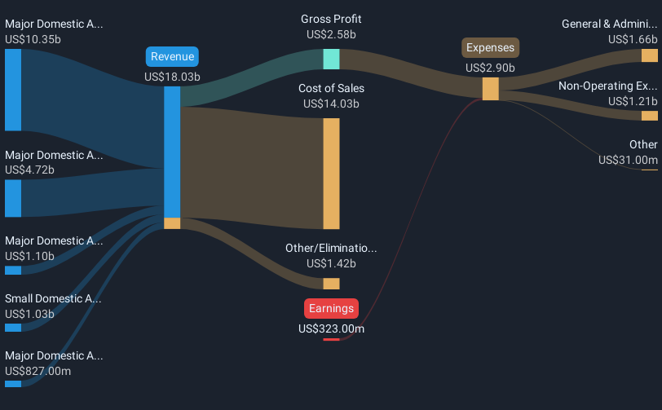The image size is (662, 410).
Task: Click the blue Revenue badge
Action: click(x=172, y=56)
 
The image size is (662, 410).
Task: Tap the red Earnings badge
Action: click(x=332, y=309)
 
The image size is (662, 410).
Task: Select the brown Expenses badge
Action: click(x=490, y=48)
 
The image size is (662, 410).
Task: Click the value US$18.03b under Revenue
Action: click(x=172, y=77)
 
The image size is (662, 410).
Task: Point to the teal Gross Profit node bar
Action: click(x=332, y=60)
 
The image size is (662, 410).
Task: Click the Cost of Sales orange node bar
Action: click(x=332, y=174)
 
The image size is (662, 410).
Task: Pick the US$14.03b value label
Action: click(x=332, y=104)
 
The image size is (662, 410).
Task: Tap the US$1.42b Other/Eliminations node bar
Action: click(x=332, y=284)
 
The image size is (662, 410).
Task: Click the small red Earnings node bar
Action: click(x=332, y=339)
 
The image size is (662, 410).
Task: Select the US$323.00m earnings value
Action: click(x=332, y=329)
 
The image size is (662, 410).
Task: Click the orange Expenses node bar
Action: click(x=491, y=89)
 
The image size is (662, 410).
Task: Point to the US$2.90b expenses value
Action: click(x=490, y=68)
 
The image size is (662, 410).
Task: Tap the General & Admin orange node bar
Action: click(x=650, y=55)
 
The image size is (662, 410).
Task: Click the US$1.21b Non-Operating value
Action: click(x=633, y=101)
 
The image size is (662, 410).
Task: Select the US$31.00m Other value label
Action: click(x=628, y=160)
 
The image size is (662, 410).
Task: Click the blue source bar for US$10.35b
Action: click(x=13, y=90)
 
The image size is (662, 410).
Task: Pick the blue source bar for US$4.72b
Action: click(x=13, y=198)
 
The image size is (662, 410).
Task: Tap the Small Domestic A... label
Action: click(x=53, y=299)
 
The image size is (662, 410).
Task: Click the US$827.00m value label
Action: click(x=38, y=371)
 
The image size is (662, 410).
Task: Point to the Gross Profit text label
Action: click(x=332, y=19)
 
